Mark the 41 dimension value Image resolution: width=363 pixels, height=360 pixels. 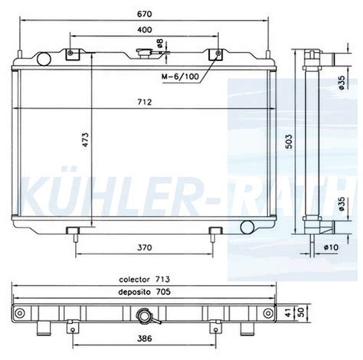point(289,312)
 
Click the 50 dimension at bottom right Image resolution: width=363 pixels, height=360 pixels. point(301,312)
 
